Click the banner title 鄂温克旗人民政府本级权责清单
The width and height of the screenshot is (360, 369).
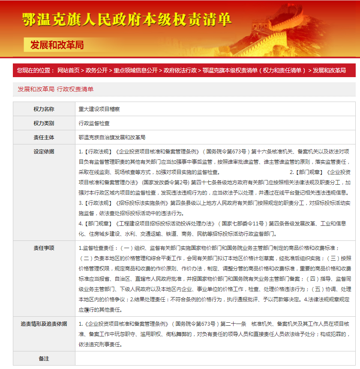pos(127,19)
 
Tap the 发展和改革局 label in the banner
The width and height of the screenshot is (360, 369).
pos(57,45)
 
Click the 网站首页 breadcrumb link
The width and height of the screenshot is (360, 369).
pos(68,70)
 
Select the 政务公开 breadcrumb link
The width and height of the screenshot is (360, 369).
pos(96,70)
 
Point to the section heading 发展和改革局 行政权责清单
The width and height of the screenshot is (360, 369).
pos(56,89)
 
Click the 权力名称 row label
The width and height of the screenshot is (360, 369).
pos(44,109)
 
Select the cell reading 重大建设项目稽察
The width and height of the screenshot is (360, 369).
pos(99,109)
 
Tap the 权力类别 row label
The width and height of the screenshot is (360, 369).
pos(44,123)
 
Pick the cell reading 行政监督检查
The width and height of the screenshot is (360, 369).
pos(94,123)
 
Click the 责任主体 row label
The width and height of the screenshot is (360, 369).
pos(44,138)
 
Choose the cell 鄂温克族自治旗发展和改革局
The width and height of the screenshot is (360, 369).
pos(112,138)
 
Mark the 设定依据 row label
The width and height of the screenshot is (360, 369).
pos(44,152)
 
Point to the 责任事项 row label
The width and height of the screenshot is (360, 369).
pos(44,248)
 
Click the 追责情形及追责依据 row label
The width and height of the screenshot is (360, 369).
pos(44,324)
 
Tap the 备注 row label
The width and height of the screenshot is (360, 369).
pos(44,358)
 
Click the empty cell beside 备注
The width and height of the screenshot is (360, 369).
pos(214,358)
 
